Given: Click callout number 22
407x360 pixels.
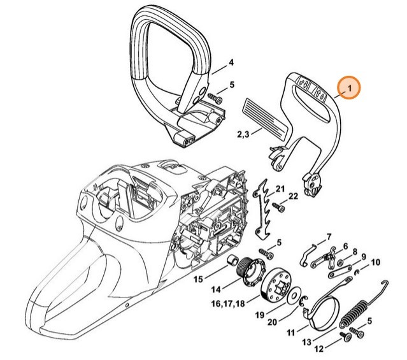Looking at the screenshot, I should pyautogui.click(x=294, y=196).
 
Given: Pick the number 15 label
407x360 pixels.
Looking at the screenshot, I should pyautogui.click(x=198, y=278).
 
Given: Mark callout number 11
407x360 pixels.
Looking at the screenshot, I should pyautogui.click(x=290, y=333).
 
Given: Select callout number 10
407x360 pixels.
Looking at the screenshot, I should pyautogui.click(x=375, y=262).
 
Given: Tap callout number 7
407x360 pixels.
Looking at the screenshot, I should pyautogui.click(x=329, y=237).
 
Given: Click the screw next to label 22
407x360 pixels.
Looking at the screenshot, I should pyautogui.click(x=278, y=206).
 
